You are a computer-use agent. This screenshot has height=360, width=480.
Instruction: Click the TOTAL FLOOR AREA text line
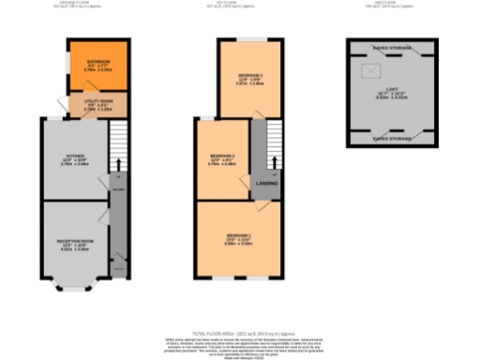[x=239, y=333]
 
